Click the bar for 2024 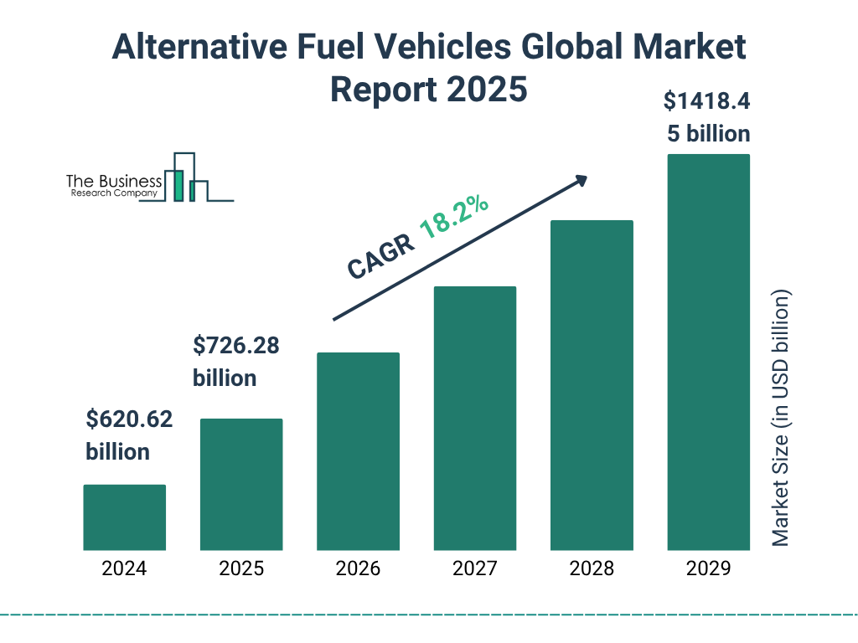point(124,517)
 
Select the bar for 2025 point(241,484)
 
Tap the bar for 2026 point(358,451)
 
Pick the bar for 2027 point(474,418)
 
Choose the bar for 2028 point(592,385)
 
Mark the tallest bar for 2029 point(708,352)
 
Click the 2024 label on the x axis point(124,569)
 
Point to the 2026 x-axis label point(358,569)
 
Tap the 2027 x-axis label point(474,569)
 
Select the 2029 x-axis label point(708,569)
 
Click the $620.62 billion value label point(129,435)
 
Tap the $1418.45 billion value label point(708,117)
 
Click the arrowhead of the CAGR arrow point(580,181)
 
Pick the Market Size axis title point(781,419)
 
